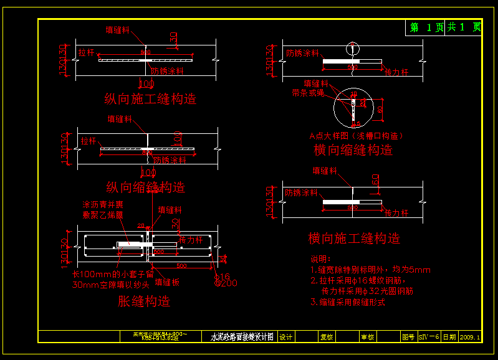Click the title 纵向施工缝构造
click(x=150, y=98)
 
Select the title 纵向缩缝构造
click(x=146, y=187)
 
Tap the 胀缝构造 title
click(x=144, y=302)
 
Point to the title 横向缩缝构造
click(x=353, y=150)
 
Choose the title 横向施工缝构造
click(x=354, y=239)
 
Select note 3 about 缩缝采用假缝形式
click(x=348, y=302)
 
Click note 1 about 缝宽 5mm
click(x=370, y=270)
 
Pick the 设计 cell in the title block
click(x=285, y=337)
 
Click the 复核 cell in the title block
click(x=327, y=337)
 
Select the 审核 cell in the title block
click(x=367, y=337)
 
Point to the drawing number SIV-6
click(x=429, y=337)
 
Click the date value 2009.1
click(x=470, y=337)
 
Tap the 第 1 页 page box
click(x=426, y=27)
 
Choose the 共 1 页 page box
click(x=464, y=27)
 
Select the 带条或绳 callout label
click(x=308, y=92)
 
